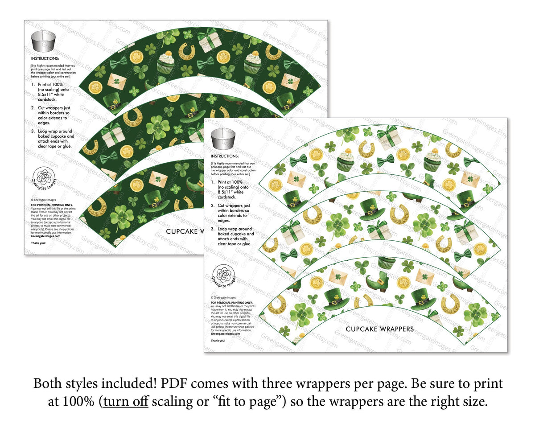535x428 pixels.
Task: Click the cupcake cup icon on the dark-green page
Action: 43,41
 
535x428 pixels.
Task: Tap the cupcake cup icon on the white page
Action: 223,140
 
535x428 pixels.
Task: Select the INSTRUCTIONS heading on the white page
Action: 224,157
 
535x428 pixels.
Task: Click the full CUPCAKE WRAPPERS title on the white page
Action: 379,329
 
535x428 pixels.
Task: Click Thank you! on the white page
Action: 218,340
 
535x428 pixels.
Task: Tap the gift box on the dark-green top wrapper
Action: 209,40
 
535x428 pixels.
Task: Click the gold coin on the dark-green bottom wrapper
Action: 136,184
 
